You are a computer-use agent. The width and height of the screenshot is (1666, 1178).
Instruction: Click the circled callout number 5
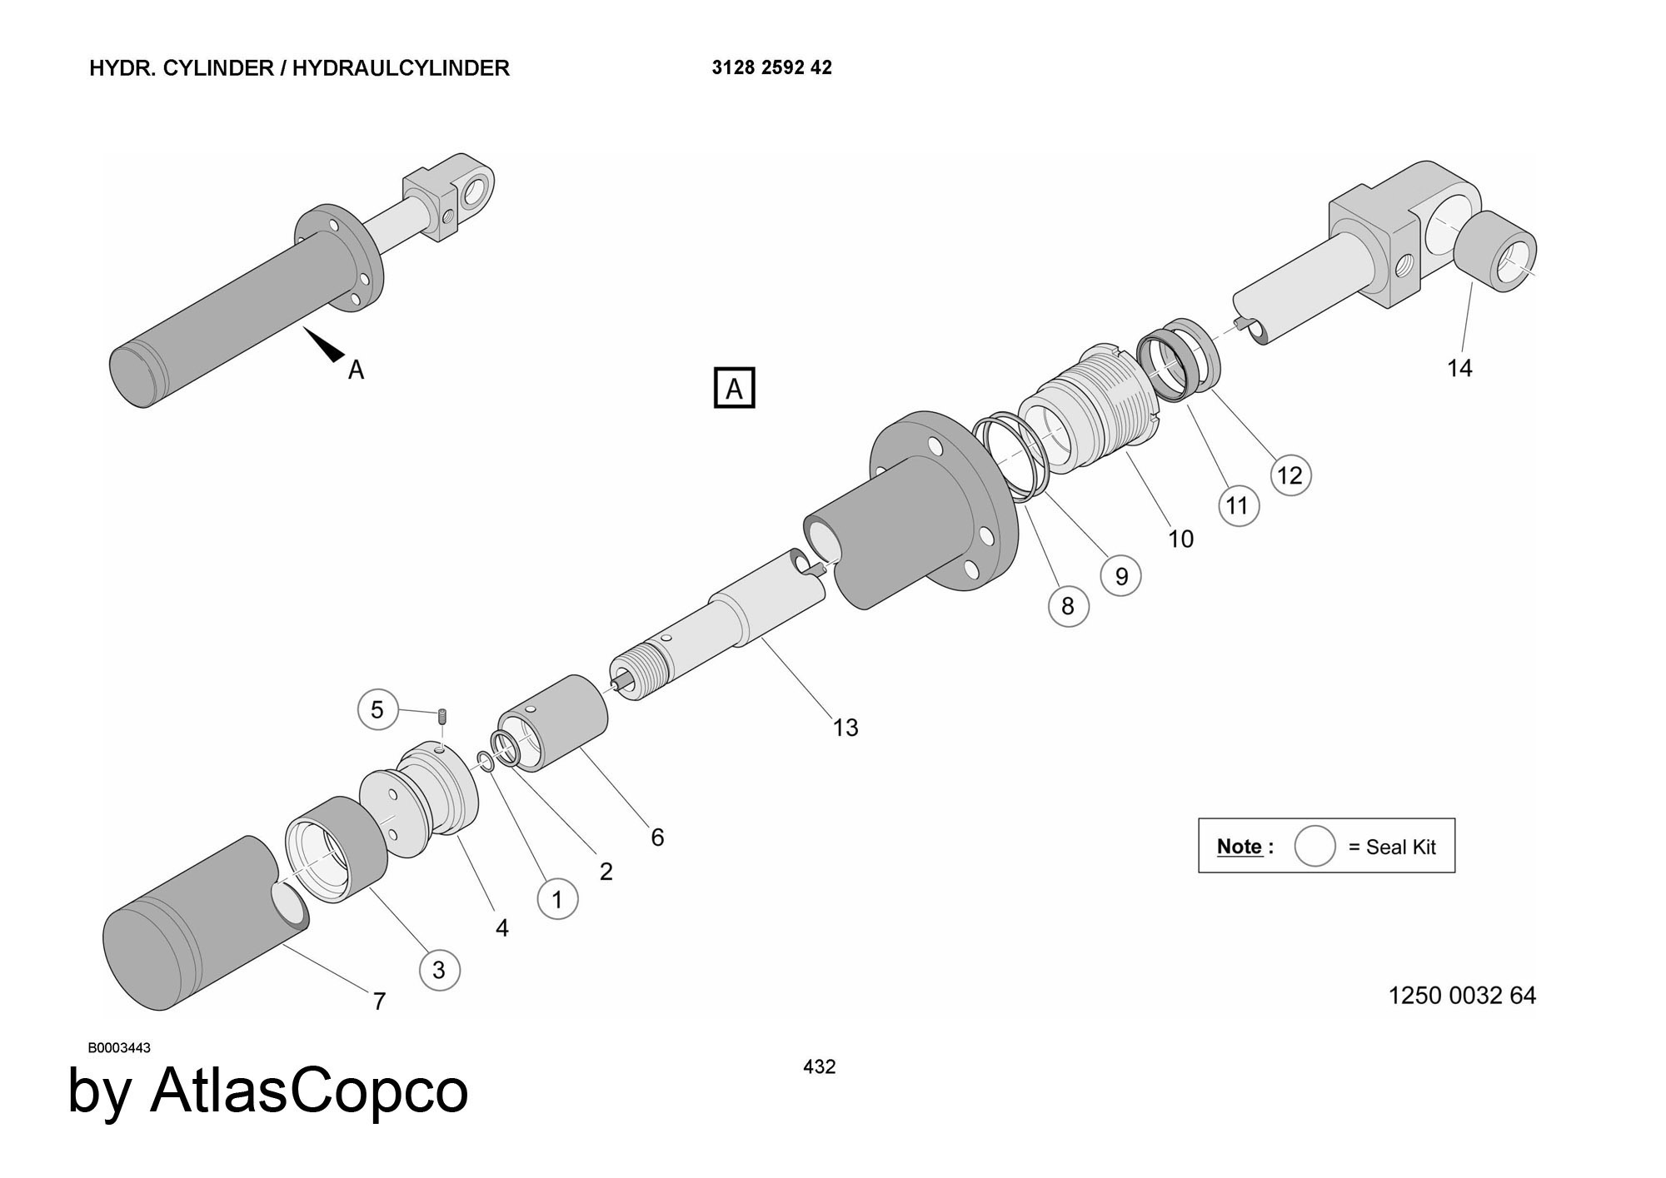click(377, 710)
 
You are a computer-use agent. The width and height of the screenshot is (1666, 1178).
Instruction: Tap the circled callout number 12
click(1290, 475)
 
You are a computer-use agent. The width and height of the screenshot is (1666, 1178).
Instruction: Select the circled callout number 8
click(1068, 606)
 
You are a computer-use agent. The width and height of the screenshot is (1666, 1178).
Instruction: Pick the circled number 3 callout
click(439, 970)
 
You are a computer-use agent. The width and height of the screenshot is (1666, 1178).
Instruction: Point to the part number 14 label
click(1459, 368)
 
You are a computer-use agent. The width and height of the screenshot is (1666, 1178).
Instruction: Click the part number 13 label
click(845, 728)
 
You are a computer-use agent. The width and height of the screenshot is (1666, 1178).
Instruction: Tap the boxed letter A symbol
click(734, 388)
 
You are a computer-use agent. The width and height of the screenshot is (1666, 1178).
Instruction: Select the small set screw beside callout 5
click(443, 715)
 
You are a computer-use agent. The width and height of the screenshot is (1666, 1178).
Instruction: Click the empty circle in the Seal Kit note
click(1314, 847)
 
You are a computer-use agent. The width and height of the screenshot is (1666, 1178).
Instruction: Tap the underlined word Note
click(1240, 847)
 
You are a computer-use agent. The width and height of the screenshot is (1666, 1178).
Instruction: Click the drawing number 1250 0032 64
click(1462, 996)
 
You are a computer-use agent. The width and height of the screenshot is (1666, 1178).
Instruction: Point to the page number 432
click(819, 1066)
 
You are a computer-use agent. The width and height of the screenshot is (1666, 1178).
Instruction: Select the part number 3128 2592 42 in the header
click(771, 67)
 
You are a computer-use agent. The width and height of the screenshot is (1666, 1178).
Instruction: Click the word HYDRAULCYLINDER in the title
click(401, 67)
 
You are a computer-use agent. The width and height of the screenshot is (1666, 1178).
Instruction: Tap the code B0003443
click(119, 1048)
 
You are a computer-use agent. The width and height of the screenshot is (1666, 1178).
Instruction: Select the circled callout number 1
click(557, 899)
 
